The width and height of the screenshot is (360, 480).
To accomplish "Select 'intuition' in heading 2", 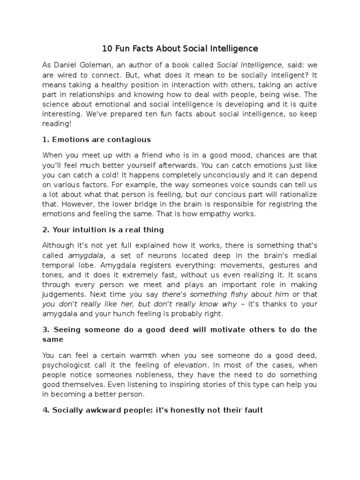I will point(90,230).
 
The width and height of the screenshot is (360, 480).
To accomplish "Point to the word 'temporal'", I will point(58,265).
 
